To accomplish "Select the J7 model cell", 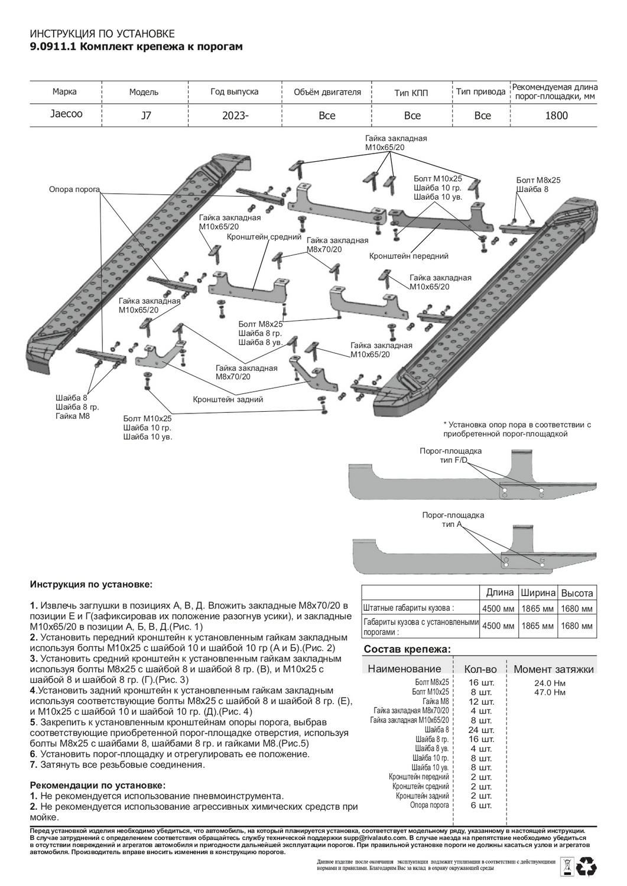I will point(145,116).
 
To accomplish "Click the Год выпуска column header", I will point(234,92).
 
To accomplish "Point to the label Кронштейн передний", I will point(408,256).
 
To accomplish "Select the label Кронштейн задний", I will point(228,399).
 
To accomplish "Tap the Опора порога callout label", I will point(74,190).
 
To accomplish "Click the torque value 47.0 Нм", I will point(549,692).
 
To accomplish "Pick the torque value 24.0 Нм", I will point(549,682).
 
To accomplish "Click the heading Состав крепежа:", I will point(407,649).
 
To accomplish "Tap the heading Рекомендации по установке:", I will point(98,786).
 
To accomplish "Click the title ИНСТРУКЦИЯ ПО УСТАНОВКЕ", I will point(102,34).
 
